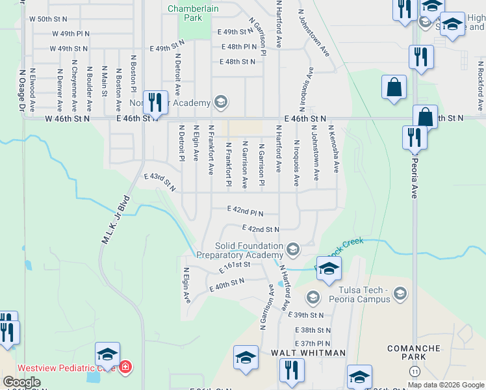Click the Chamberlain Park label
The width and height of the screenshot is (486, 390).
pos(185,13)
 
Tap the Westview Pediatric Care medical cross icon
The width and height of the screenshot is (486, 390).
pos(125,367)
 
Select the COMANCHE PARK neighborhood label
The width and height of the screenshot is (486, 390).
pos(414,352)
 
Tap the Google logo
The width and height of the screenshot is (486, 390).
pos(21,382)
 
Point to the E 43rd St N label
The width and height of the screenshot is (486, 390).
pos(160,181)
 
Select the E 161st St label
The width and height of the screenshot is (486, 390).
pos(235,267)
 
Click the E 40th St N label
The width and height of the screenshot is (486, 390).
pos(225,283)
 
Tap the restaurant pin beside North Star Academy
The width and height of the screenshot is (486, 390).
pos(154,102)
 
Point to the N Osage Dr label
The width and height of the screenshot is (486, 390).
pos(23,91)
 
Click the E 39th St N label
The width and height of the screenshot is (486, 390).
pos(308,315)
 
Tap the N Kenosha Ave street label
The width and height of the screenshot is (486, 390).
pos(334,149)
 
